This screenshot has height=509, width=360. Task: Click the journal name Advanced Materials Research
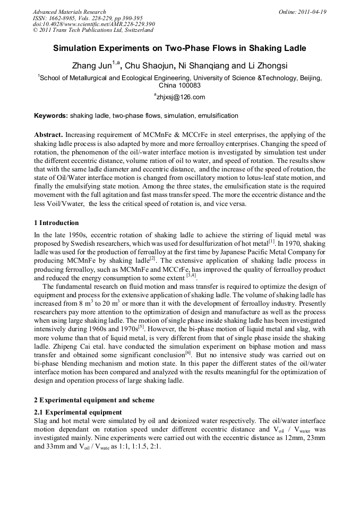pyautogui.click(x=69, y=12)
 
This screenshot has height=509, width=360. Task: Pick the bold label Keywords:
pyautogui.click(x=51, y=116)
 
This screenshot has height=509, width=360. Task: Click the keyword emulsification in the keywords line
pyautogui.click(x=218, y=116)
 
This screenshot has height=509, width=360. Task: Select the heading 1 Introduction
pyautogui.click(x=56, y=223)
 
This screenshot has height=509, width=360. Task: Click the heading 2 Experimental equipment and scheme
pyautogui.click(x=94, y=400)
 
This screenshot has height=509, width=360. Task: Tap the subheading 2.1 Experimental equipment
pyautogui.click(x=78, y=412)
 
